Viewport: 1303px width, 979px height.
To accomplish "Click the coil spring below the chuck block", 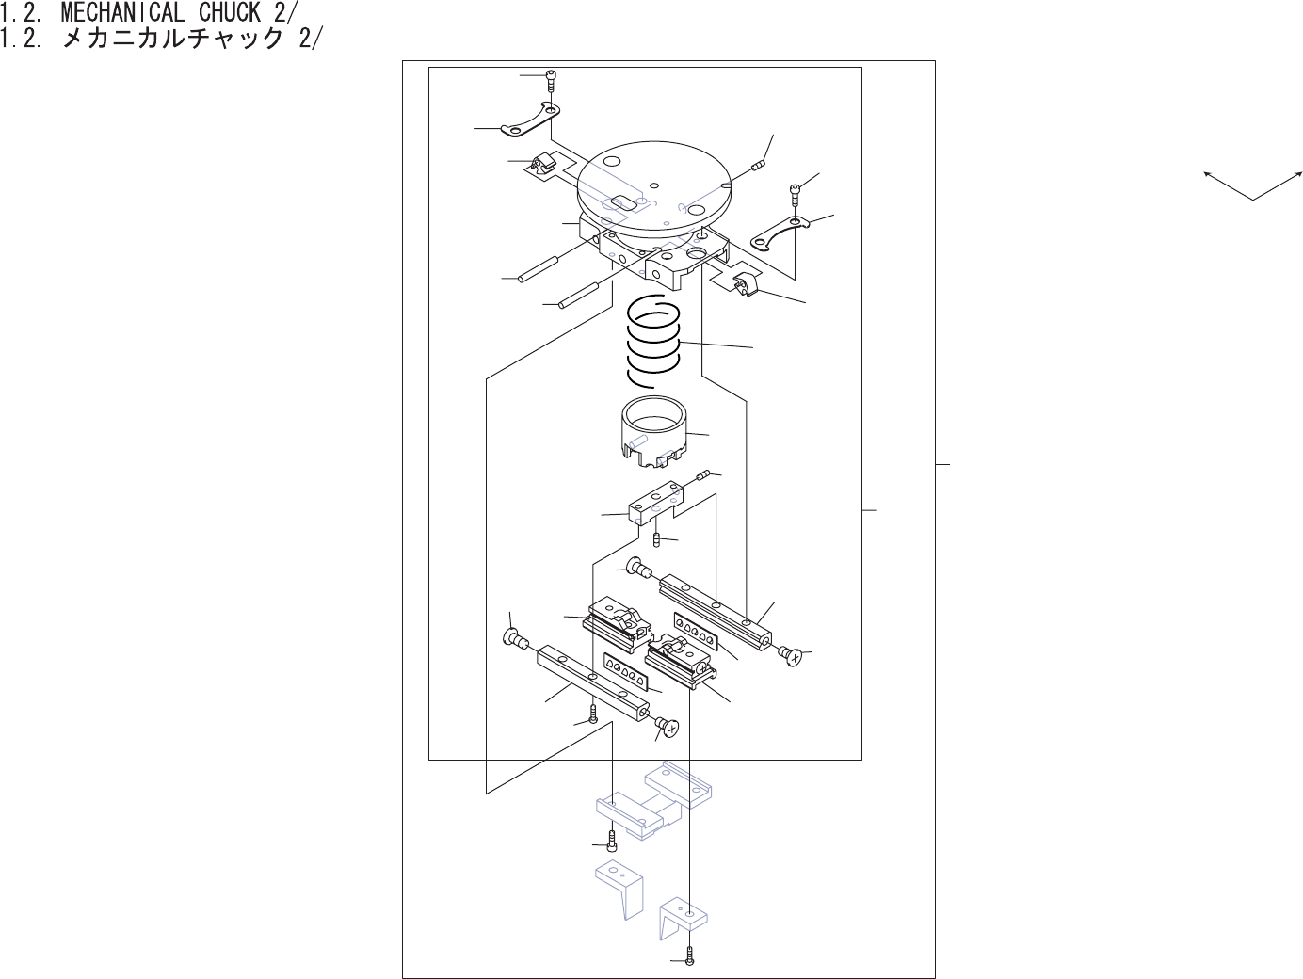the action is (x=653, y=344).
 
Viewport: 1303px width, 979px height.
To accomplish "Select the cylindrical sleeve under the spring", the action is (x=654, y=431).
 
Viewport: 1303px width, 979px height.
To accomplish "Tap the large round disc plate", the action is (x=654, y=185).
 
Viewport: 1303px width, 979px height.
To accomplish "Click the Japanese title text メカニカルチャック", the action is (x=172, y=39).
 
